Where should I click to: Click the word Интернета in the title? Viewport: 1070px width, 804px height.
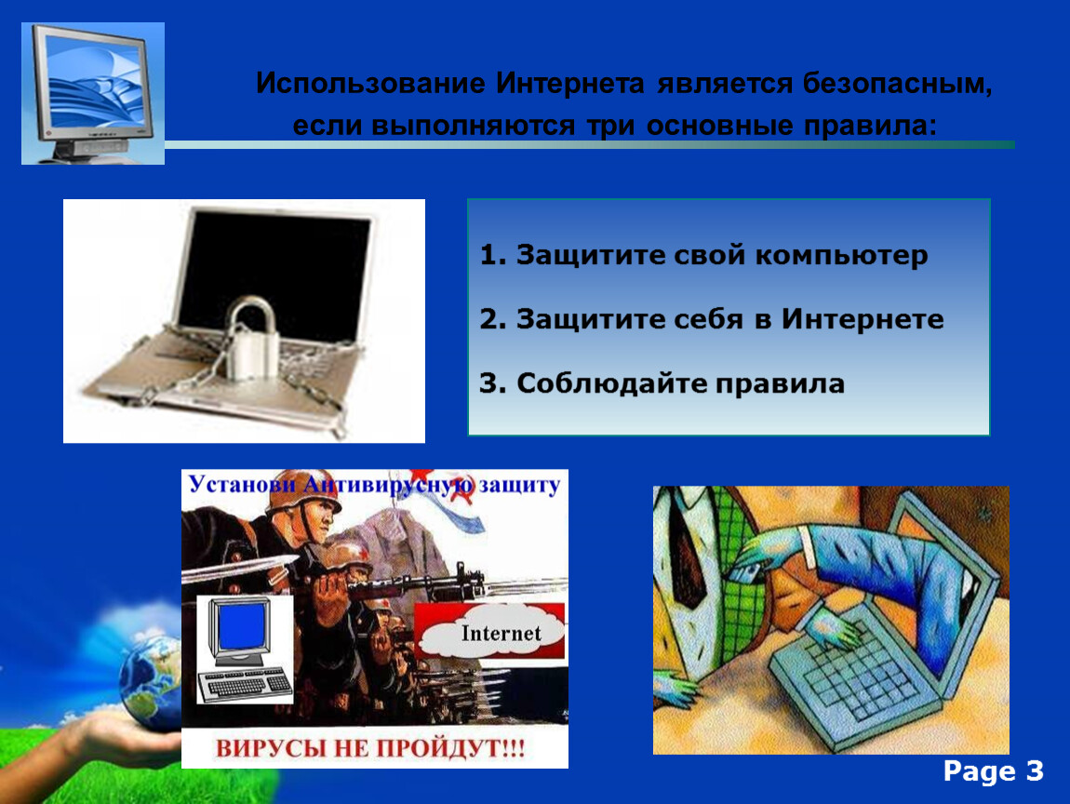coord(569,83)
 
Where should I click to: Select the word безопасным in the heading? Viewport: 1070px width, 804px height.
coord(897,84)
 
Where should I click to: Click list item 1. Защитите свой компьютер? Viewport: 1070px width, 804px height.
coord(703,255)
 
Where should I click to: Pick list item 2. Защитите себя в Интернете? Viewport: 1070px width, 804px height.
coord(712,319)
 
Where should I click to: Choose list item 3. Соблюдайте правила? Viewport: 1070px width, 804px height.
coord(662,382)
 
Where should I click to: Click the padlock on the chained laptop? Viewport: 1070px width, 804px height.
coord(252,338)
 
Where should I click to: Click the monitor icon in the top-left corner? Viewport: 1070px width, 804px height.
coord(93,93)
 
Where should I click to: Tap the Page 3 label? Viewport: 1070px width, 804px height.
coord(993,771)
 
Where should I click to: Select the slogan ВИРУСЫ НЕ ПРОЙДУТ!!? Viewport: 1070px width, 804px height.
coord(370,748)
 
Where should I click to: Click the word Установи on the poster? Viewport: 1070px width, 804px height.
coord(242,485)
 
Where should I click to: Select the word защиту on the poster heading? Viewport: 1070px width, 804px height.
coord(519,486)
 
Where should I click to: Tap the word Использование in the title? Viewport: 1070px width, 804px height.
coord(370,84)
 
